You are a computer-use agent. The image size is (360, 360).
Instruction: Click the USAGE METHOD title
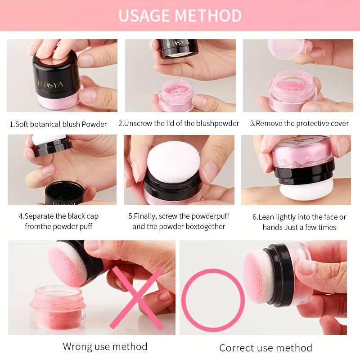[x=180, y=15]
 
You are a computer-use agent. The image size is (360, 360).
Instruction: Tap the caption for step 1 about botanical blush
[x=58, y=124]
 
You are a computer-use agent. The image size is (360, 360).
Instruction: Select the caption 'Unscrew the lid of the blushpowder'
[x=179, y=123]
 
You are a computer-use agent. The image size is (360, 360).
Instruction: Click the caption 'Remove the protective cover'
[x=299, y=123]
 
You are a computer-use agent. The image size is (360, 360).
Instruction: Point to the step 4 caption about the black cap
[x=62, y=221]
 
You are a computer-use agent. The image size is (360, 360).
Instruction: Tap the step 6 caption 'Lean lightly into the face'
[x=299, y=222]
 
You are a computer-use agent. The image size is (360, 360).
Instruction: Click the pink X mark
[x=137, y=298]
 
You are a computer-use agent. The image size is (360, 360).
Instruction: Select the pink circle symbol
[x=213, y=300]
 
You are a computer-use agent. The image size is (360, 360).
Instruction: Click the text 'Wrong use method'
[x=105, y=346]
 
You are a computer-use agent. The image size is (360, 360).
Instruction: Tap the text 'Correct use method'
[x=265, y=348]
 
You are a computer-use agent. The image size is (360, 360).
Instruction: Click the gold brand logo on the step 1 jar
[x=51, y=85]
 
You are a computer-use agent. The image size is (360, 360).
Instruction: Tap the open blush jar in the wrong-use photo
[x=58, y=307]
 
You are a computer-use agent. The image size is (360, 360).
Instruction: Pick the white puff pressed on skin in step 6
[x=306, y=190]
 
